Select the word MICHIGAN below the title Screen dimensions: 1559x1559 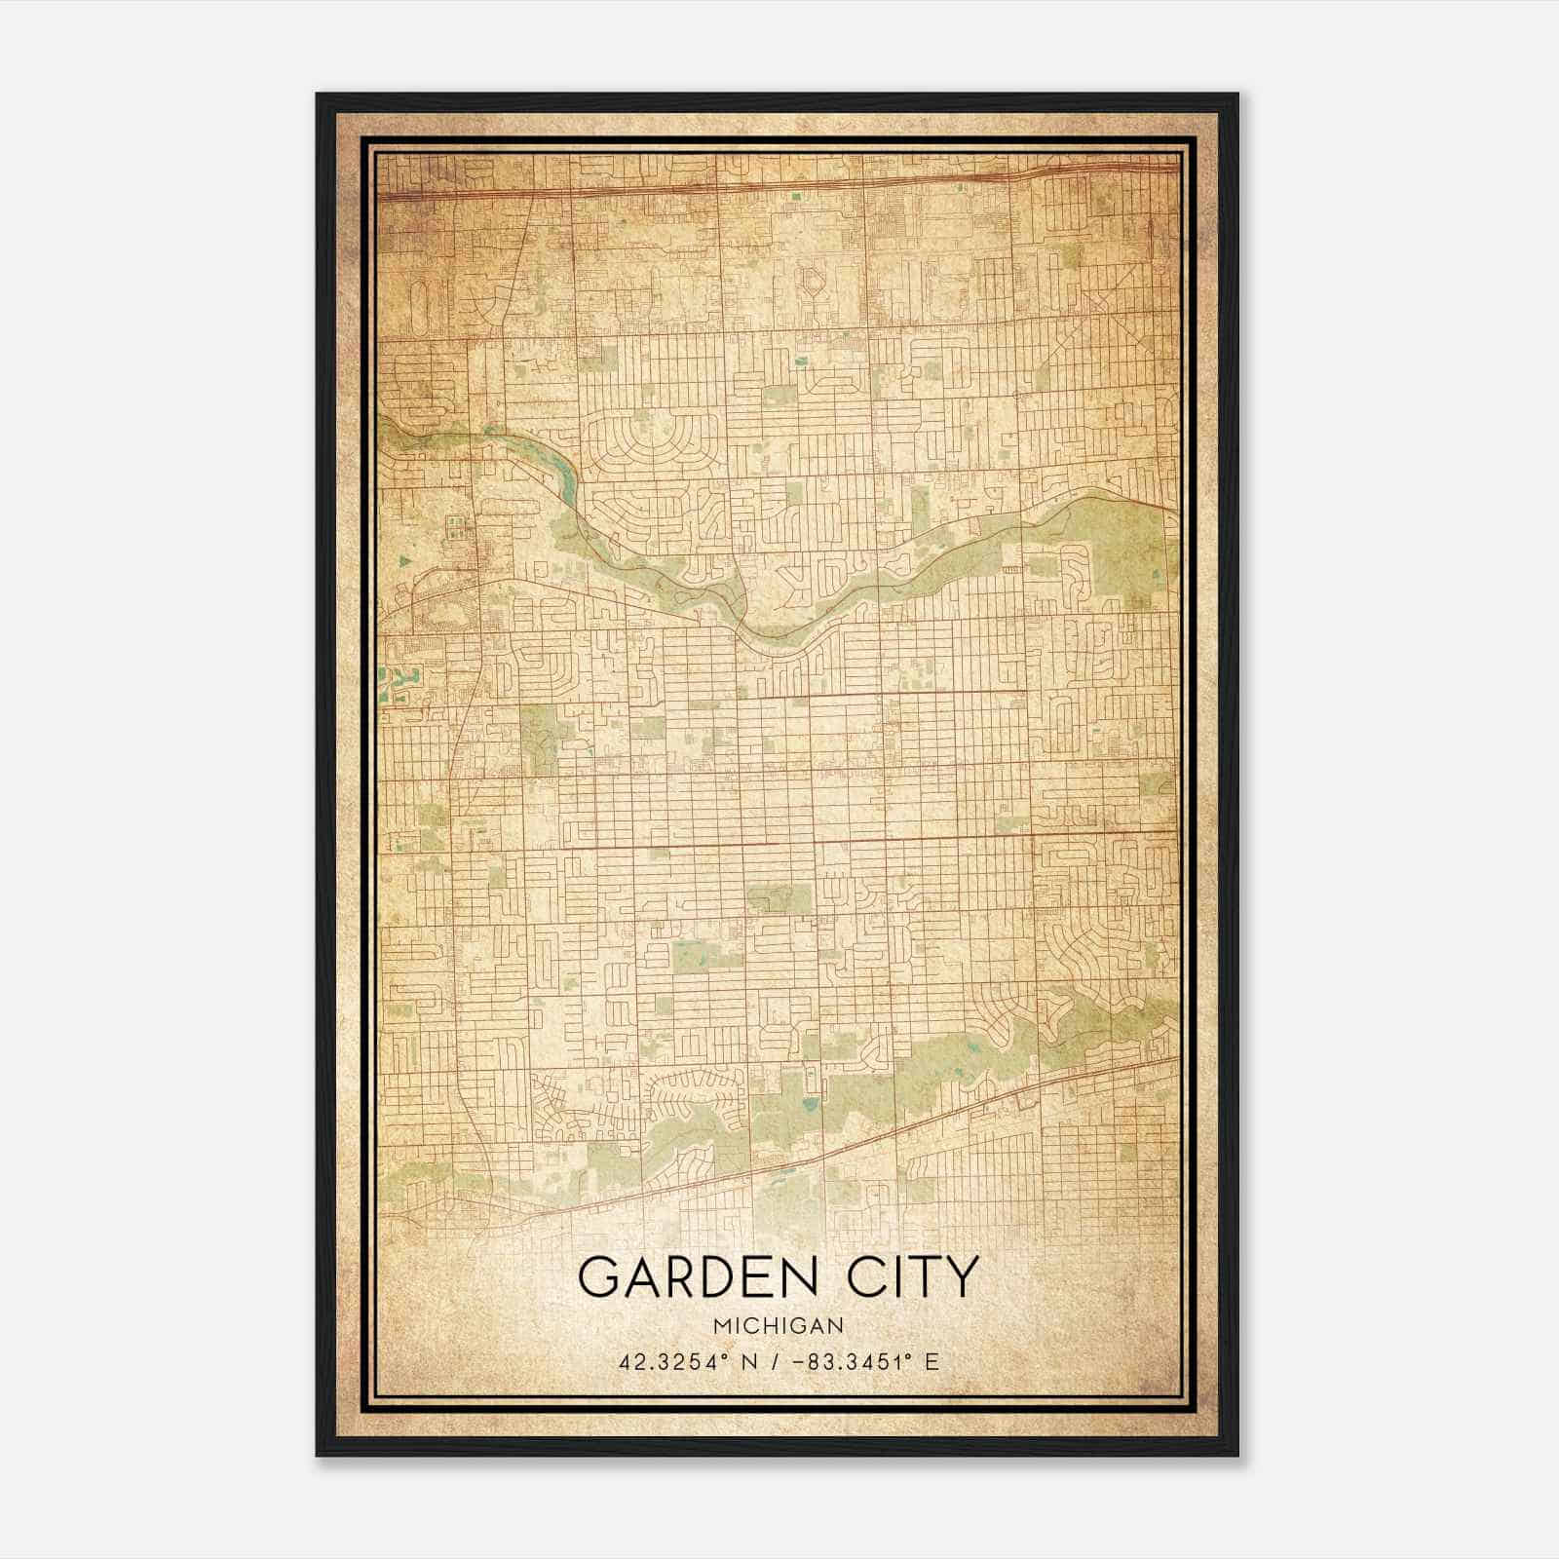click(x=778, y=1326)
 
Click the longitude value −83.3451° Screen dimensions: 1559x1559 click(x=849, y=1362)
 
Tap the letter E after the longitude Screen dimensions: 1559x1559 click(x=932, y=1362)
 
